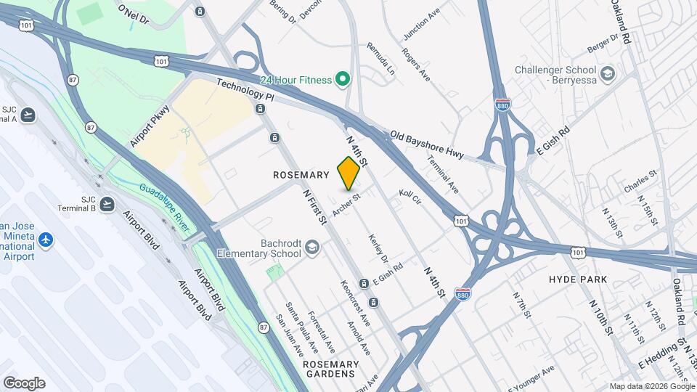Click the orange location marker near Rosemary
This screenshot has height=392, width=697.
pyautogui.click(x=349, y=173)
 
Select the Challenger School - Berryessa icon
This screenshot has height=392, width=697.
pyautogui.click(x=608, y=74)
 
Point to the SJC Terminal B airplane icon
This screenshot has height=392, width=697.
pyautogui.click(x=108, y=203)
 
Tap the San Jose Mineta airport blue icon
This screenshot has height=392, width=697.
pyautogui.click(x=46, y=239)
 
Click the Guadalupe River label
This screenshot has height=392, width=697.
pyautogui.click(x=165, y=208)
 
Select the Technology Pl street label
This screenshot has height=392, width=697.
pyautogui.click(x=245, y=91)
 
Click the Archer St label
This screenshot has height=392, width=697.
pyautogui.click(x=346, y=204)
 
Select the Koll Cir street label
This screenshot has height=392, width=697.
pyautogui.click(x=409, y=197)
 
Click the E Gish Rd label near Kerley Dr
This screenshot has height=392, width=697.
pyautogui.click(x=388, y=274)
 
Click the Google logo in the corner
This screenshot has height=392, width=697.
pyautogui.click(x=24, y=383)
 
